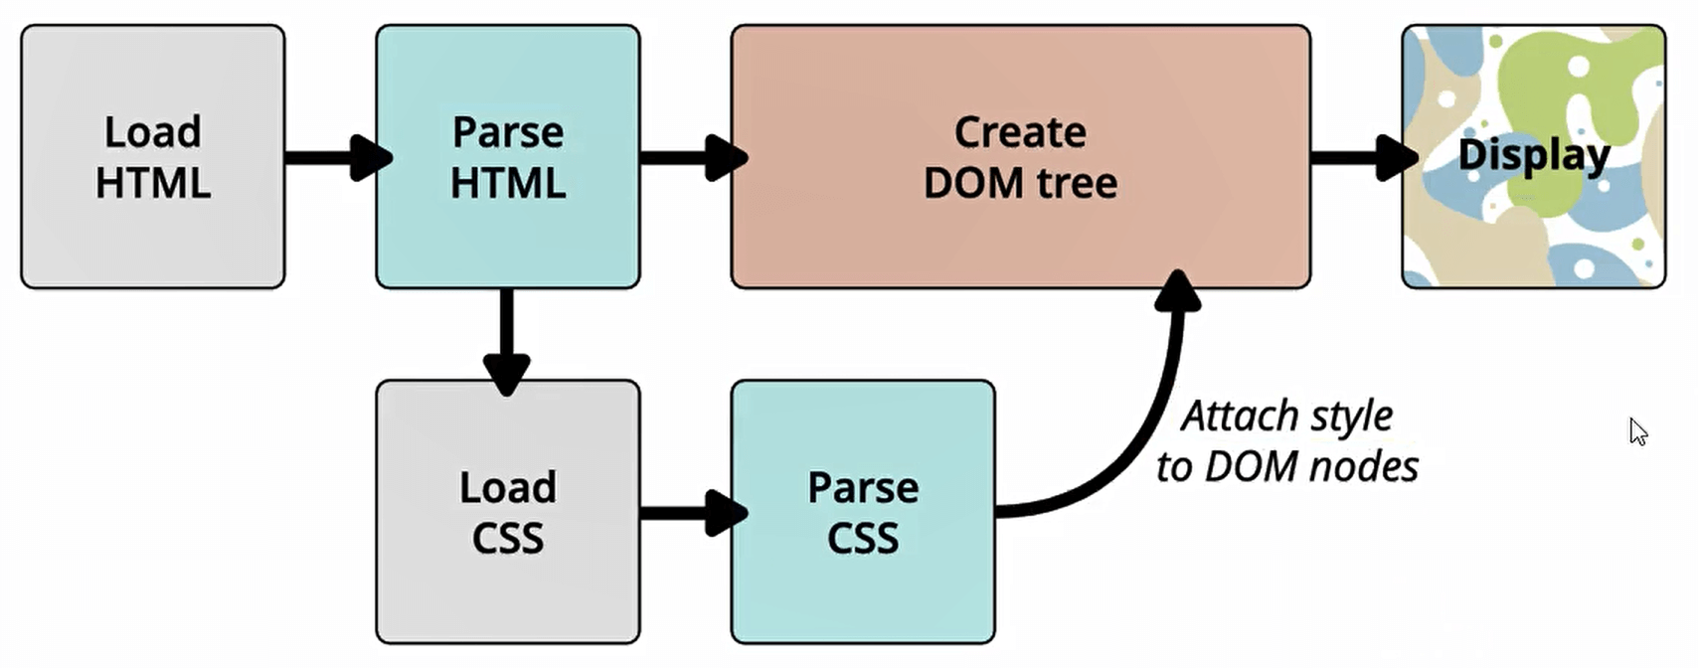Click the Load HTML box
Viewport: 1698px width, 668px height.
click(x=152, y=157)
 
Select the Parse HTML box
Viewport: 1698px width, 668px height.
click(x=507, y=157)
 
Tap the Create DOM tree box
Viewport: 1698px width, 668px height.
click(x=1020, y=157)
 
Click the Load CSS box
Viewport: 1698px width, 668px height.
click(x=507, y=512)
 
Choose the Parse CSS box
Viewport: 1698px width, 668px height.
click(x=862, y=512)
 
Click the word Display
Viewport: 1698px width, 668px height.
click(x=1533, y=156)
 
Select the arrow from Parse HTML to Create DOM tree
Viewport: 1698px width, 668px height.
click(x=692, y=157)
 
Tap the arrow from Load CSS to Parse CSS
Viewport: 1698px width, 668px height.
click(x=692, y=512)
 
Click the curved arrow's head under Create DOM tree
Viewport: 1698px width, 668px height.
click(x=1178, y=291)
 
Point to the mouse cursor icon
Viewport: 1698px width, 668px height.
click(x=1637, y=431)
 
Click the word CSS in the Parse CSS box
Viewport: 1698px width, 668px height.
click(x=862, y=539)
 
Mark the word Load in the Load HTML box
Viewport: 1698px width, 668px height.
click(x=152, y=131)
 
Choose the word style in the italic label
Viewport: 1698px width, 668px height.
click(x=1349, y=416)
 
